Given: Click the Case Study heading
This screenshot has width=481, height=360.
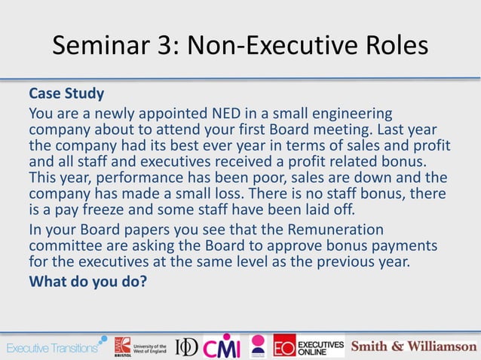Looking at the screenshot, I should (x=66, y=95).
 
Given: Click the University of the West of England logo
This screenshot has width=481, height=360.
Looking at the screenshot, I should (x=140, y=346).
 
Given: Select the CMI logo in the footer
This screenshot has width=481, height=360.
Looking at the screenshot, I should (x=220, y=346).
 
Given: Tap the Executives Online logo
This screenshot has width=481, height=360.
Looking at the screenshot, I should (x=308, y=346).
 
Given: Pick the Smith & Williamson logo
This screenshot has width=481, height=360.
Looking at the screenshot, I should (x=412, y=346).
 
